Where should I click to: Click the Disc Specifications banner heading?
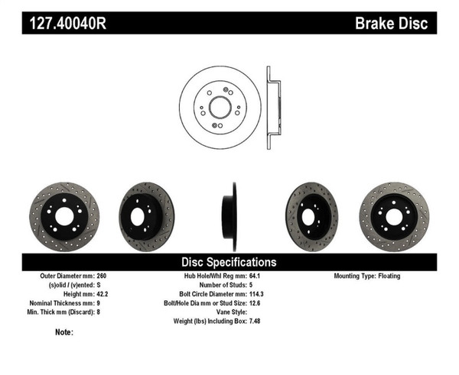229,262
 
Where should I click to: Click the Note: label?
64,332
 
